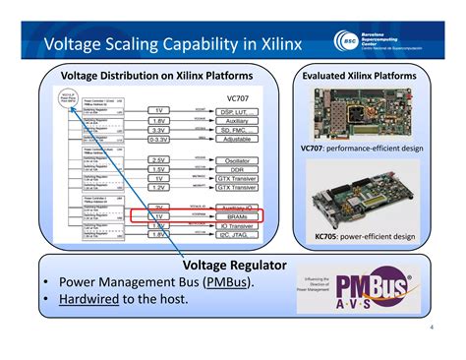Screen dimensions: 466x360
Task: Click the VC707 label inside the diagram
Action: (238, 97)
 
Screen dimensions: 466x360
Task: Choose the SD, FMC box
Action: (238, 130)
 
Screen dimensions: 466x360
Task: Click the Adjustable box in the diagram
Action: (238, 140)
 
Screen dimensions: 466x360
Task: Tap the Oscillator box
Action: (238, 159)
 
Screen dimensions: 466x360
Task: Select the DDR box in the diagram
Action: (238, 169)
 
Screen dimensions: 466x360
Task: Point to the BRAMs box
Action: (238, 216)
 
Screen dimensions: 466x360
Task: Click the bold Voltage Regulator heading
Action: (234, 265)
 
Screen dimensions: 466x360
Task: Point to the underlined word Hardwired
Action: (88, 298)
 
